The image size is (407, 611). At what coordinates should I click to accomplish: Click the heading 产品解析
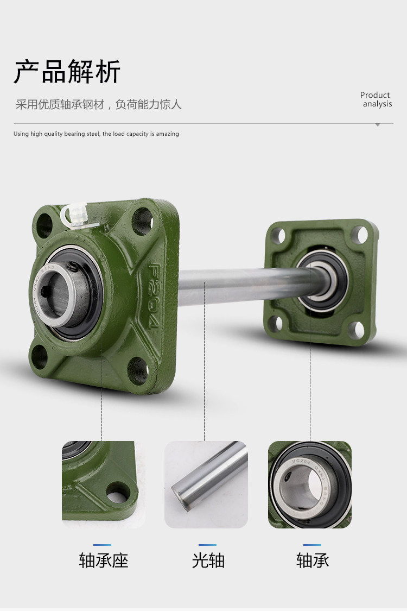click(x=67, y=72)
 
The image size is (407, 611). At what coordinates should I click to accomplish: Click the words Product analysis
click(x=376, y=99)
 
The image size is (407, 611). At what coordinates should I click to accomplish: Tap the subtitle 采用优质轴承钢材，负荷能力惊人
click(x=99, y=104)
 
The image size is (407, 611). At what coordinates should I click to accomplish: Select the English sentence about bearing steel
click(x=96, y=134)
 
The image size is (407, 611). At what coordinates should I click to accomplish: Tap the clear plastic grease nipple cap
click(x=77, y=216)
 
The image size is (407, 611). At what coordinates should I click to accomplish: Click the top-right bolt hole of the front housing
click(x=142, y=221)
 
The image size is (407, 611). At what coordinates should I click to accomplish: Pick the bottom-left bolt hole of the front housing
click(x=39, y=356)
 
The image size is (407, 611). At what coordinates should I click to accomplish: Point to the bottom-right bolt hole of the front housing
click(x=138, y=370)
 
